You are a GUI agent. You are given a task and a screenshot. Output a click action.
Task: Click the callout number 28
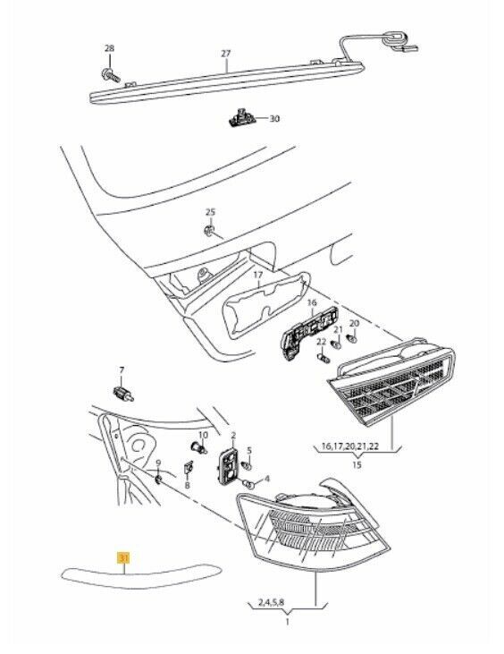(x=109, y=47)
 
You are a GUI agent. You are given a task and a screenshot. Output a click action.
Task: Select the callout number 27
(x=226, y=53)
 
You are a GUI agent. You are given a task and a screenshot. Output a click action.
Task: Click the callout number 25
(x=210, y=212)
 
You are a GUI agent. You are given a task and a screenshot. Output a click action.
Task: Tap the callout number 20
(x=354, y=322)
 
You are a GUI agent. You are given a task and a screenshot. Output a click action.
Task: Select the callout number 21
(x=337, y=328)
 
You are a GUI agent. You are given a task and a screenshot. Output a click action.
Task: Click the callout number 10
(x=202, y=435)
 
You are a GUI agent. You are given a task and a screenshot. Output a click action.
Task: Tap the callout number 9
(x=158, y=463)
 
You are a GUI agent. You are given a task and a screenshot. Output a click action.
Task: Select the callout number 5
(x=249, y=450)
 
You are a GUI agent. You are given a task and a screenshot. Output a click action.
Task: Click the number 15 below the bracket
(x=356, y=465)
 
